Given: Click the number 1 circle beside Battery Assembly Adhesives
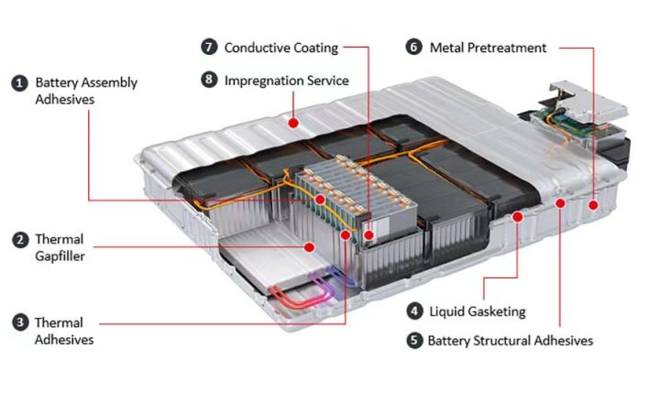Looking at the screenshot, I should pos(18,82).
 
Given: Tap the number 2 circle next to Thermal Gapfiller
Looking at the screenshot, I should pos(18,240).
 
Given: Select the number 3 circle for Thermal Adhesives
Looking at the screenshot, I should pos(18,322).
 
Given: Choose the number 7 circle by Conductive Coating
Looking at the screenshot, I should pos(208,47).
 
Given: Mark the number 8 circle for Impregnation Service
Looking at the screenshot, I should pos(208,81).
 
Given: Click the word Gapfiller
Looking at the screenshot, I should pos(60,256).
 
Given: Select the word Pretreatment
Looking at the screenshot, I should pos(507,47).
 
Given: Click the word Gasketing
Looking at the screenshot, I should pos(495,311).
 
